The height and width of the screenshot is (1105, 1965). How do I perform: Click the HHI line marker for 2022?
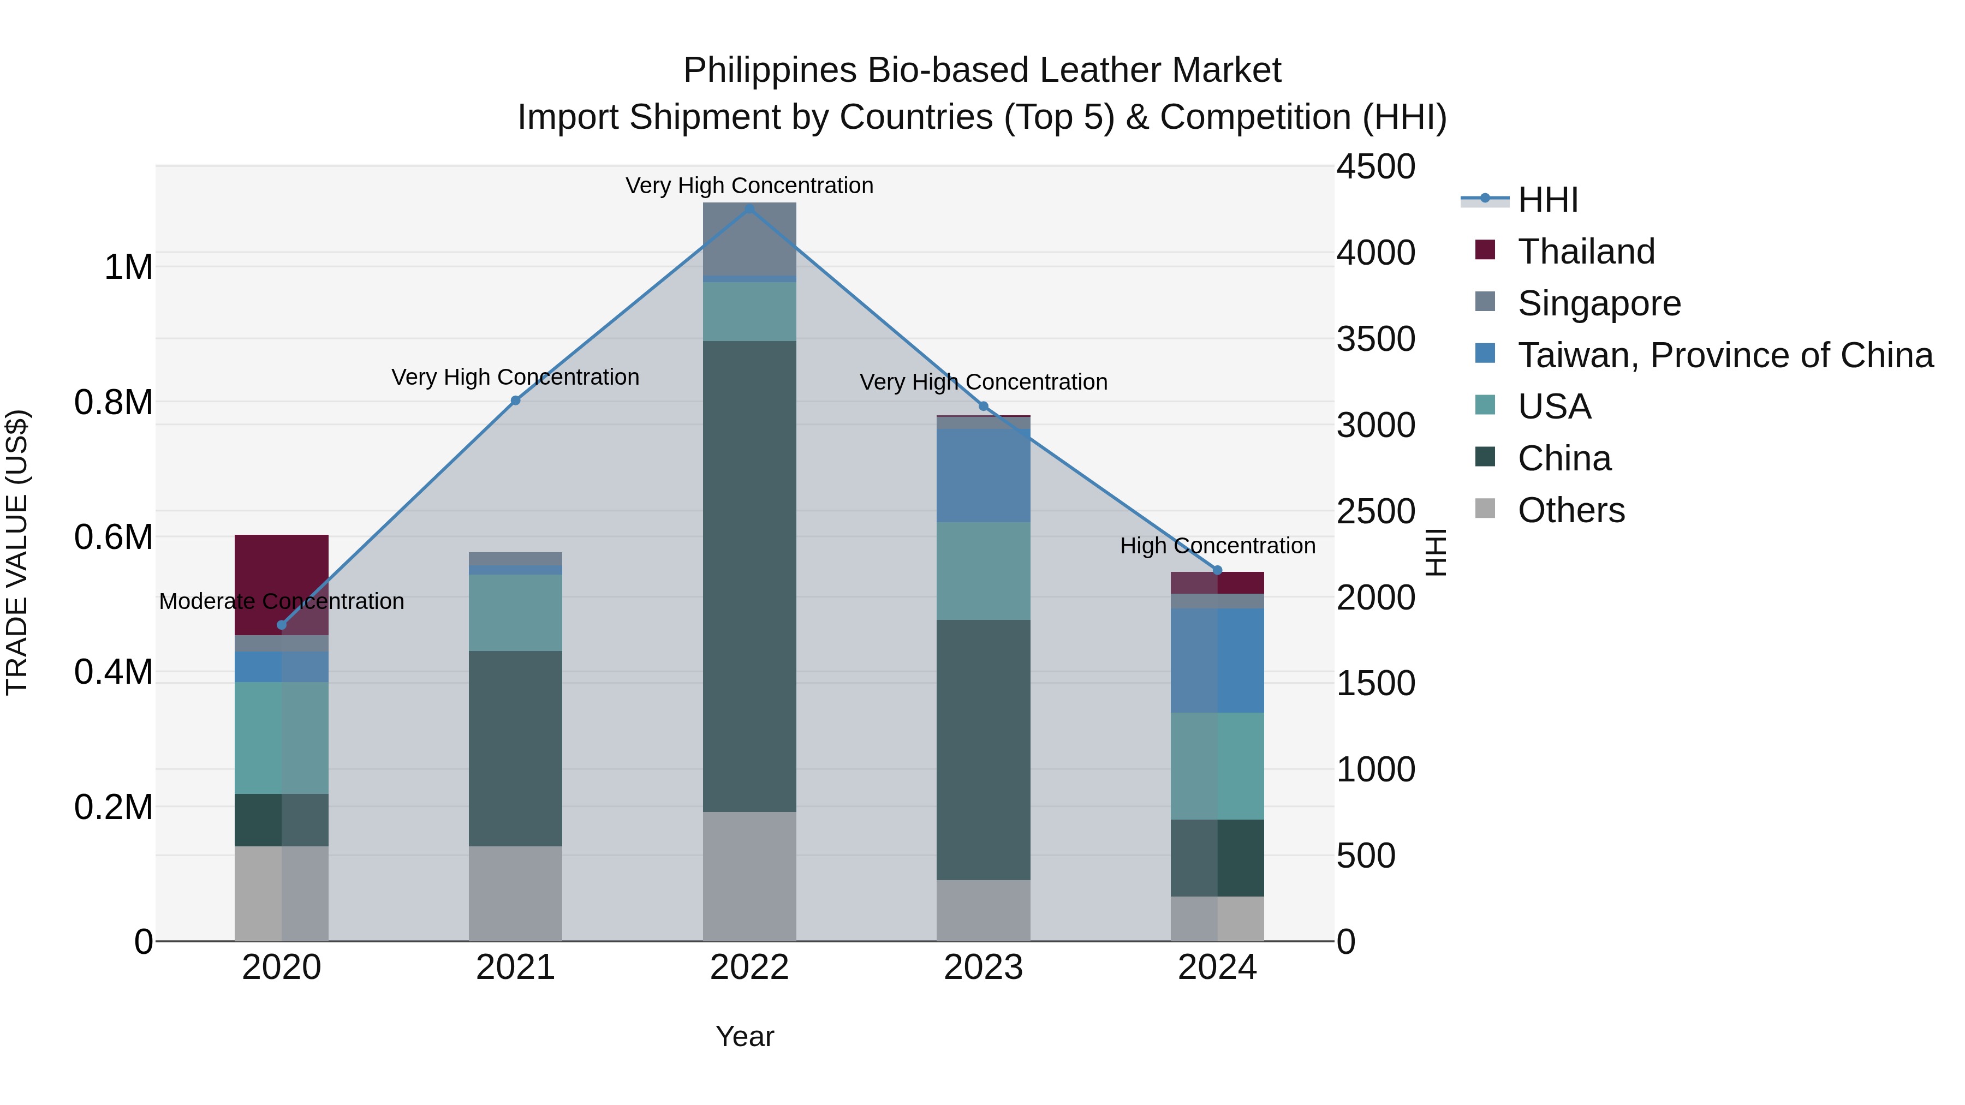point(749,208)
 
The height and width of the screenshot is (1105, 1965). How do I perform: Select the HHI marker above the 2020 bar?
point(282,625)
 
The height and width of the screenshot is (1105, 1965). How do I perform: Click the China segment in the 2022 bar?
point(749,576)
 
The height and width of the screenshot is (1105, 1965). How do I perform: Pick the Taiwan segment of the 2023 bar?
point(983,475)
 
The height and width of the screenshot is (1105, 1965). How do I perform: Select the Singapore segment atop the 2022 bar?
point(749,238)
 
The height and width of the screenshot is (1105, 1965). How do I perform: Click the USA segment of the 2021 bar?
point(515,612)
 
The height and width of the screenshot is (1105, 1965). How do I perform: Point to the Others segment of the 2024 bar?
point(1217,918)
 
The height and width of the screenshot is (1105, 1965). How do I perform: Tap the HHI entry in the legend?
point(1548,200)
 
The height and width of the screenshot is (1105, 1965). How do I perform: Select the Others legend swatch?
point(1485,509)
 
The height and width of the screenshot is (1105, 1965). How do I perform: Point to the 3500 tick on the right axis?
point(1375,339)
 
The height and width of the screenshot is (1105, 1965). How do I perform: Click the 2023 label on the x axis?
point(983,967)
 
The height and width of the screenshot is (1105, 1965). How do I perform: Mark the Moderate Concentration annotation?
point(282,602)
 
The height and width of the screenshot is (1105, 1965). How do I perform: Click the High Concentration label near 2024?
point(1217,546)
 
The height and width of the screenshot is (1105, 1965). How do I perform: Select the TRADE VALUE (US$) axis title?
point(17,552)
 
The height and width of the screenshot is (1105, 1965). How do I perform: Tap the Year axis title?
point(745,1036)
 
